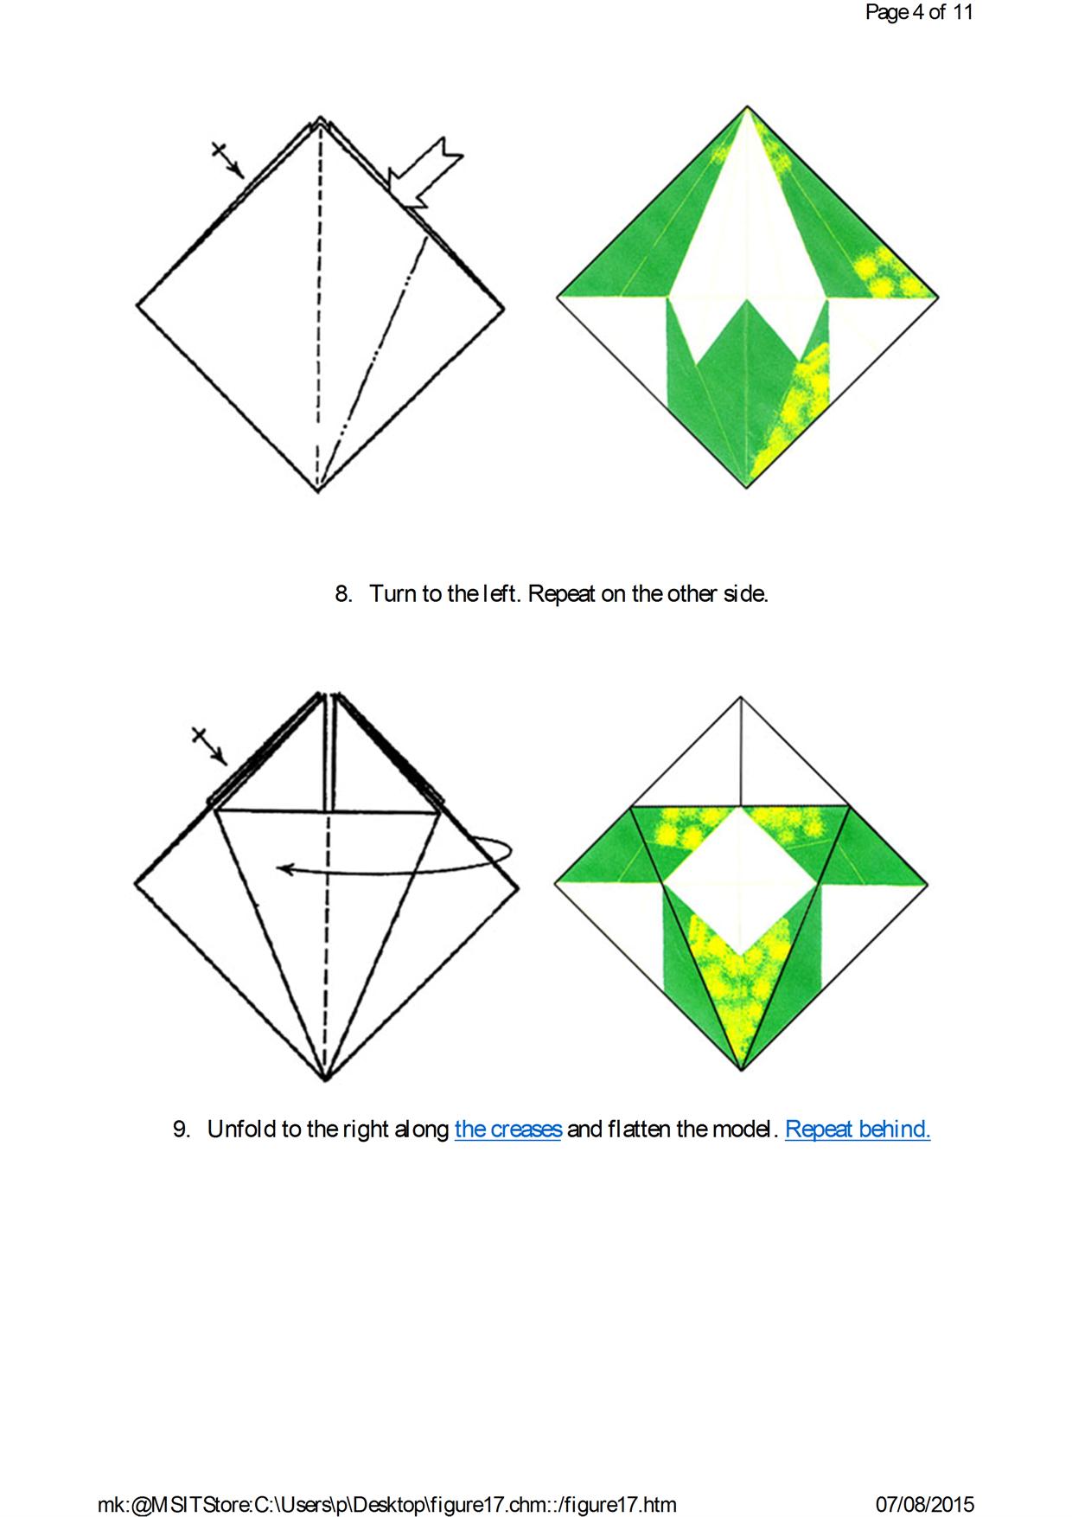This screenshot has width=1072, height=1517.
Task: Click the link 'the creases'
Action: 508,1129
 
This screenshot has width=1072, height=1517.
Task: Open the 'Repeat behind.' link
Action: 858,1129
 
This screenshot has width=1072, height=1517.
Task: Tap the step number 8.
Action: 343,594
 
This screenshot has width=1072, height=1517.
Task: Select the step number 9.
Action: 182,1130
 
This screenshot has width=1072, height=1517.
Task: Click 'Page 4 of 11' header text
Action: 919,12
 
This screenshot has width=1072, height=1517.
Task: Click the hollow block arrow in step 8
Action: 424,172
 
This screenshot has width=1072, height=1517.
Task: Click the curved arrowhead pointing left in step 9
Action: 285,868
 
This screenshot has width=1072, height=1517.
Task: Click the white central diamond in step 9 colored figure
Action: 740,881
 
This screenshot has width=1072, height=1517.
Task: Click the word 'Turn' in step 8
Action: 393,594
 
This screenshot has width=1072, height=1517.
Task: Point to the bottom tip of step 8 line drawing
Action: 318,490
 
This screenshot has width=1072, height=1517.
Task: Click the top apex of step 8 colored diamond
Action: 746,107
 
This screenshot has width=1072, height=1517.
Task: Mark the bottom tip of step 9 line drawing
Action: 325,1080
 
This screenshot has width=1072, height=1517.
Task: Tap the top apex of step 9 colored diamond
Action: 741,697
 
